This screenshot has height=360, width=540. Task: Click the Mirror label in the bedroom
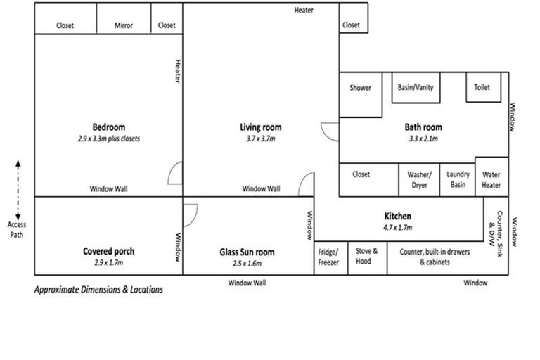pos(124,26)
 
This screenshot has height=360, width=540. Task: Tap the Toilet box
pos(482,88)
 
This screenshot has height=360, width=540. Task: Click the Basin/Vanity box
pos(416,88)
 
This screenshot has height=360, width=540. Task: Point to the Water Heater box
pos(491,180)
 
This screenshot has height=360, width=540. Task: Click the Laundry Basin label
pos(458,180)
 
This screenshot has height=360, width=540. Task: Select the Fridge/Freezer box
pos(328,257)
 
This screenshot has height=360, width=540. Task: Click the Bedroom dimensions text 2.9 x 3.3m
pos(109,139)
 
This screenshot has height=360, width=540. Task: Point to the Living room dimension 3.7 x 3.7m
pos(260,139)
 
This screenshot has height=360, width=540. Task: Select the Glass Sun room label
pos(246,252)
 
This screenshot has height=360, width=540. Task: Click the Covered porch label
pos(108,251)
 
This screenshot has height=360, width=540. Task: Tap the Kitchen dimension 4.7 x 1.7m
pos(397,228)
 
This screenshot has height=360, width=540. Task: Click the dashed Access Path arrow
pos(18,190)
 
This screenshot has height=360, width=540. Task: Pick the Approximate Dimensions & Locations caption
pos(98,289)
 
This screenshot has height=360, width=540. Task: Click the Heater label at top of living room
pos(304,11)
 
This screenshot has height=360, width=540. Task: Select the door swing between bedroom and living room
pos(175,172)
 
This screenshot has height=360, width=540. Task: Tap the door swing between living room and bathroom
pos(330,131)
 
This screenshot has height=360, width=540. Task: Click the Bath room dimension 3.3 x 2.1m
pos(423,139)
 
